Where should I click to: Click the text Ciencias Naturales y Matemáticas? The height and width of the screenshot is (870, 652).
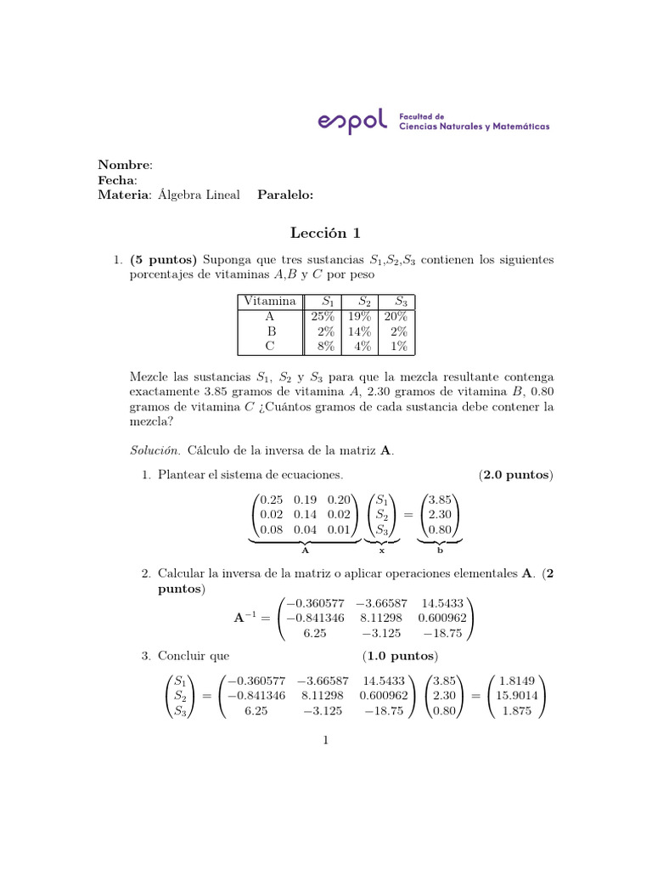pos(474,127)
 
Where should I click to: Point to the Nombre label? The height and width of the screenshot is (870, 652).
pos(125,164)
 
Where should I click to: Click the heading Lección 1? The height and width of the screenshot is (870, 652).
pos(325,233)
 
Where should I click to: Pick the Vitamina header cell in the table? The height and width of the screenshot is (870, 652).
pos(269,302)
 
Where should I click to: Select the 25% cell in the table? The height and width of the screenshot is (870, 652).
pos(323,316)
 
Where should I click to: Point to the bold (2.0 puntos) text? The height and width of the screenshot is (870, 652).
pos(515,474)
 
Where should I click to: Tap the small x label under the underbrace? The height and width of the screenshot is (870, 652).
pos(382,550)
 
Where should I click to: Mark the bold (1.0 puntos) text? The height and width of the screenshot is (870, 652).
pos(400,656)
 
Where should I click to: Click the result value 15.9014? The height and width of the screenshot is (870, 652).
pos(516,697)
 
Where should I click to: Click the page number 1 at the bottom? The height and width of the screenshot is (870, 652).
pos(325,740)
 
